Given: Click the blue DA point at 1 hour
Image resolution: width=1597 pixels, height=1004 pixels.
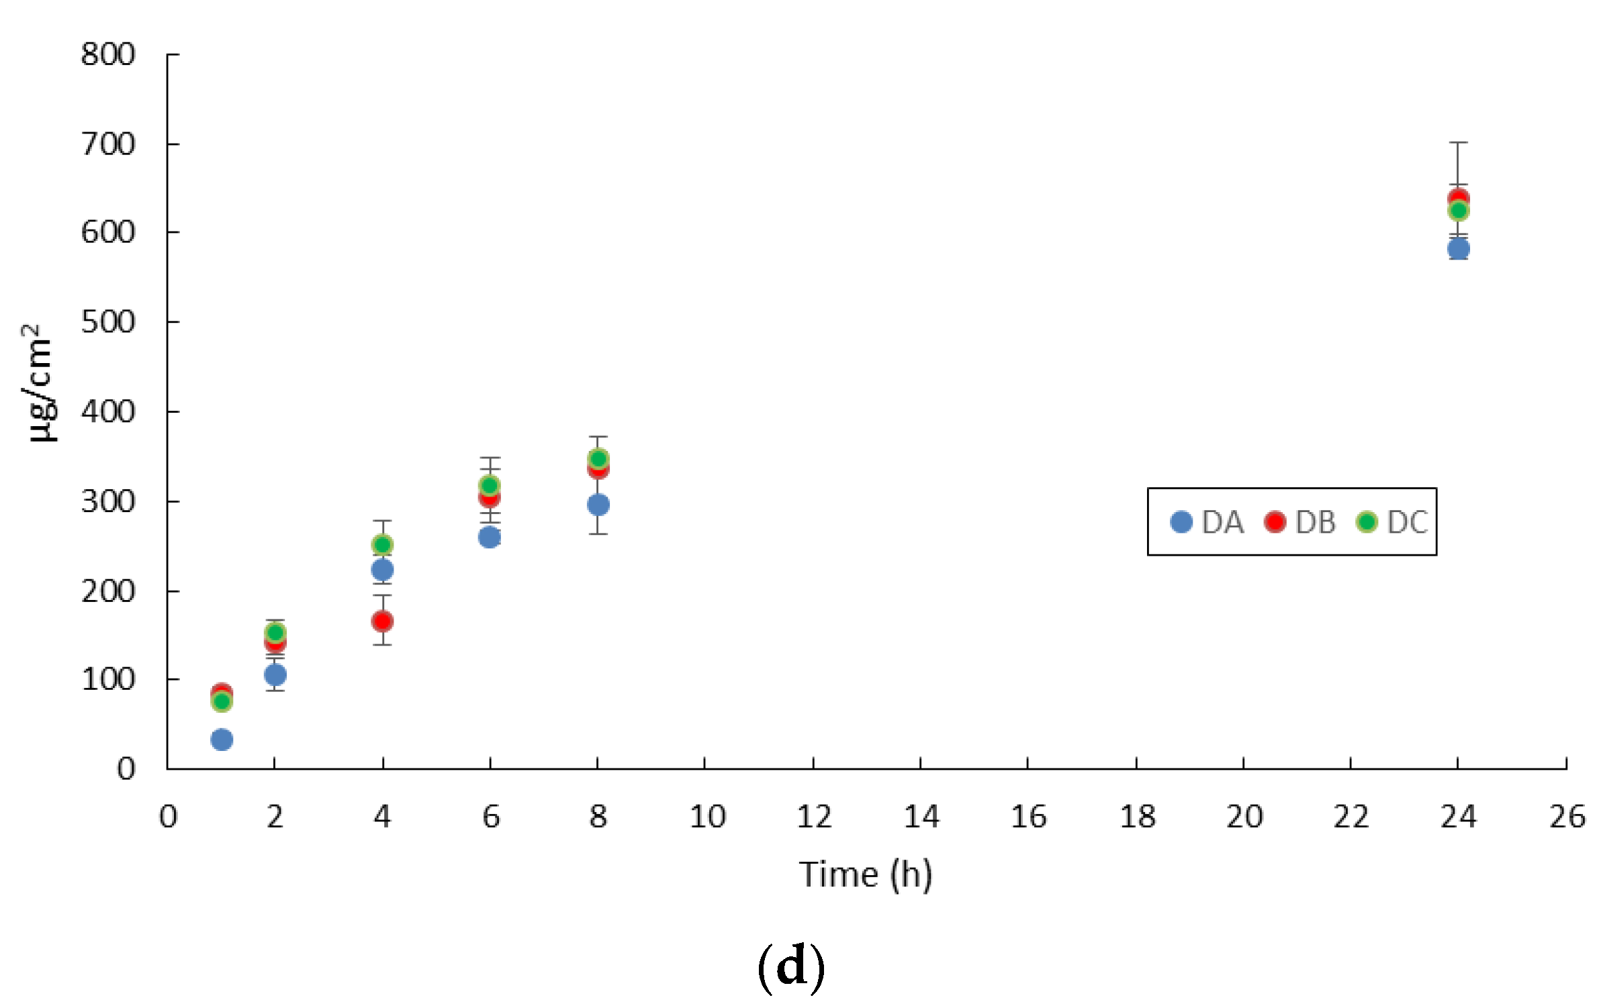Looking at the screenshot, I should (222, 740).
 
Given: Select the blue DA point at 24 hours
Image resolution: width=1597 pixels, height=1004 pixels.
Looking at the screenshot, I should (1458, 249).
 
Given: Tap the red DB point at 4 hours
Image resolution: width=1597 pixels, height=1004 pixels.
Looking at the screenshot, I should (382, 621).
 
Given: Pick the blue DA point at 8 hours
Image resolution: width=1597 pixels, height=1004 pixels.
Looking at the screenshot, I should (598, 505).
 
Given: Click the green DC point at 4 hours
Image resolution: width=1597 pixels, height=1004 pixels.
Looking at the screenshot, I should (382, 544).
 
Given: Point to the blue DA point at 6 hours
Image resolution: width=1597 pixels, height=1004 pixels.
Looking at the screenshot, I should (490, 537).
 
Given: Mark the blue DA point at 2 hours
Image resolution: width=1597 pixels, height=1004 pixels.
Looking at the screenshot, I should (275, 674).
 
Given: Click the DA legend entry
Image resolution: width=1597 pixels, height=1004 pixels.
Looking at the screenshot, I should (1207, 522).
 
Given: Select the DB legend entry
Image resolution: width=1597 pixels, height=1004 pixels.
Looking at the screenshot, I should (1301, 522).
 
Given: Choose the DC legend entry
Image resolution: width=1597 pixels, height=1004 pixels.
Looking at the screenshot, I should (1393, 522).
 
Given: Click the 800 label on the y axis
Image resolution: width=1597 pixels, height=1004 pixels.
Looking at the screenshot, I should (108, 54).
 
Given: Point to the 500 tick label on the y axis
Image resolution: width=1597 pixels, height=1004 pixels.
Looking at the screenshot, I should (108, 322).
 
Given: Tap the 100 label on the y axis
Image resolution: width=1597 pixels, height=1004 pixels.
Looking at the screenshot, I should (108, 680).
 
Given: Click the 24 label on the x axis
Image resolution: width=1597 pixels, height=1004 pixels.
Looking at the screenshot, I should (1458, 817).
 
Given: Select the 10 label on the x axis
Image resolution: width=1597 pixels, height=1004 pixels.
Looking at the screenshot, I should (707, 817).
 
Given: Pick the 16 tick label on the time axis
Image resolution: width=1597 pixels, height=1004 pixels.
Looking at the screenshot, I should (1028, 817).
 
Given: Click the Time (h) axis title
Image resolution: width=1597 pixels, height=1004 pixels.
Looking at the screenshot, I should (865, 874).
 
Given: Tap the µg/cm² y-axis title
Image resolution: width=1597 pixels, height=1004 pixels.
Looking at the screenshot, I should (39, 383).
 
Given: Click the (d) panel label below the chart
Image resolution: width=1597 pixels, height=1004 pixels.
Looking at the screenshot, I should (790, 966).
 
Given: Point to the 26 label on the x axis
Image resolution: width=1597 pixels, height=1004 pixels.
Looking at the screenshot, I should (1567, 817).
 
